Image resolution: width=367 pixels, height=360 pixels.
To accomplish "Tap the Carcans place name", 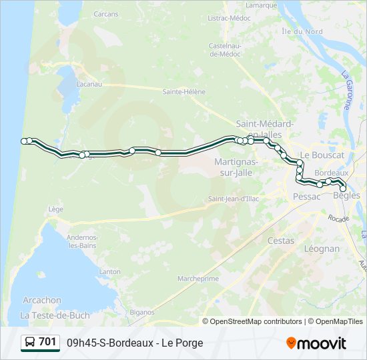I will click(105, 14).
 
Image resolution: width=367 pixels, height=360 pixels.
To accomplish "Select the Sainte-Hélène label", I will click(184, 91).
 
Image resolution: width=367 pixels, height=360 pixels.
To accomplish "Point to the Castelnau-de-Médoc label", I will click(225, 49).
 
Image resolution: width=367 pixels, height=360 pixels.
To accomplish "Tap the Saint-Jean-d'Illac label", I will click(233, 198).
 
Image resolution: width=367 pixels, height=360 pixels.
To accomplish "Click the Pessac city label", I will click(307, 197).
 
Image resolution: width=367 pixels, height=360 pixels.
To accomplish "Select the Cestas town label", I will click(280, 241).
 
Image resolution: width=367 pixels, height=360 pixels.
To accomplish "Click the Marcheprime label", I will click(198, 279).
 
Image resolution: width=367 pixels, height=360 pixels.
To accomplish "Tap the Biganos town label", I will click(142, 311).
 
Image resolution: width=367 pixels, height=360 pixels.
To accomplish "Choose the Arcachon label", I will click(41, 300).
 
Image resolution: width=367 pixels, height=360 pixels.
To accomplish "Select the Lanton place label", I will click(109, 271).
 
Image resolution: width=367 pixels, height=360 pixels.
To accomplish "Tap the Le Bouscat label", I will click(322, 155).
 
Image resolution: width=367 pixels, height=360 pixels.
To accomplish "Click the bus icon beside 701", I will click(30, 343).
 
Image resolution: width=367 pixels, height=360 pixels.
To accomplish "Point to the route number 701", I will click(47, 342).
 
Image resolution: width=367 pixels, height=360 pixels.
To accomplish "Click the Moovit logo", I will click(316, 343).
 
